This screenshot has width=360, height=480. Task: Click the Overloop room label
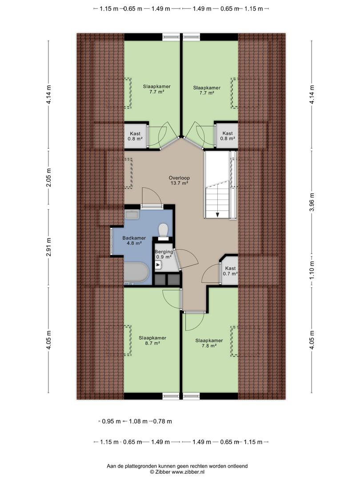(179, 178)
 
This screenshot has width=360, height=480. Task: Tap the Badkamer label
(134, 238)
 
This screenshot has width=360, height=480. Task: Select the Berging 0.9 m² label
(164, 254)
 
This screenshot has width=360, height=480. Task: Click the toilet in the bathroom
(163, 230)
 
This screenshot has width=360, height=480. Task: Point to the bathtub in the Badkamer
(136, 272)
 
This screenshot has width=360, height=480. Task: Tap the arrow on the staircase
(217, 215)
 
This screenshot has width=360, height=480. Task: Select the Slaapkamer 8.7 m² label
(152, 341)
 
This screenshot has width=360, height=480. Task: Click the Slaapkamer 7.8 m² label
(209, 343)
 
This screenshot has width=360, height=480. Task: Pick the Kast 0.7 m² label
(231, 271)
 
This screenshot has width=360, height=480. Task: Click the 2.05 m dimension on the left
(49, 177)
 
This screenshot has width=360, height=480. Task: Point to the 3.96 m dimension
(312, 202)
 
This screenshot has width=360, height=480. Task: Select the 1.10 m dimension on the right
(312, 271)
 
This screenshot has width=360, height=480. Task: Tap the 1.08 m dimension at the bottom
(138, 421)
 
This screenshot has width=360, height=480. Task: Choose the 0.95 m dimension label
(112, 421)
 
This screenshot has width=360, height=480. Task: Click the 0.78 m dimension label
(162, 421)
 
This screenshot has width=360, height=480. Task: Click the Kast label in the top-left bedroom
(135, 136)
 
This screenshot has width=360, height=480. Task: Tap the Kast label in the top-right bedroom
(228, 136)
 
